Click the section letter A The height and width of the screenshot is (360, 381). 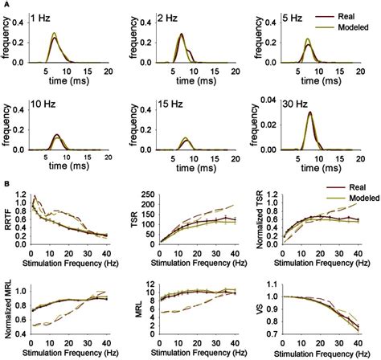pos(6,5)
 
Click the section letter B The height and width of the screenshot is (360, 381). pos(6,182)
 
